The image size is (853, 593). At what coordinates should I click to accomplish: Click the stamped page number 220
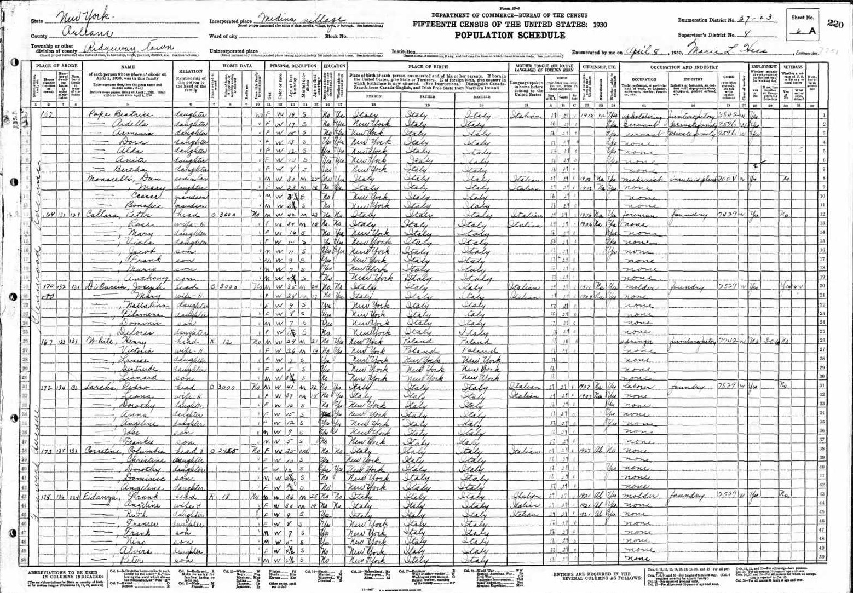coord(835,22)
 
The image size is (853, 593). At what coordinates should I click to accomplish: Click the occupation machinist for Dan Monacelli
coord(640,179)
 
